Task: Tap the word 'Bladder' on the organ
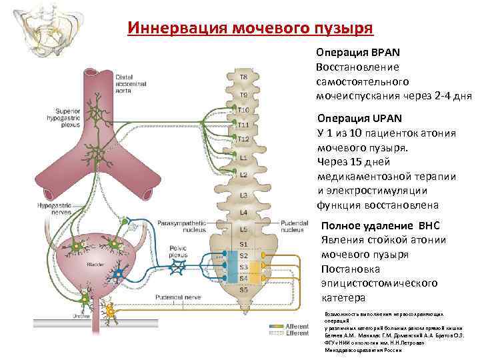coord(93,265)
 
